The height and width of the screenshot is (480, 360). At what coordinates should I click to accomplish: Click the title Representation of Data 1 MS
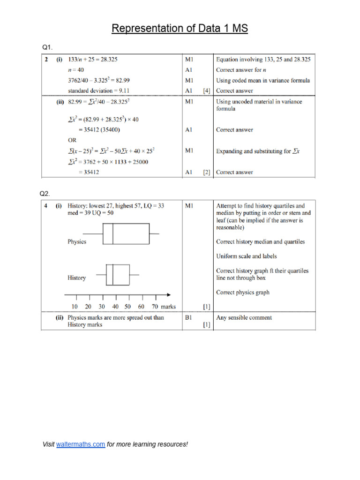coord(180,29)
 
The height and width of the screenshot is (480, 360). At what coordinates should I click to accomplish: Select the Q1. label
coord(48,47)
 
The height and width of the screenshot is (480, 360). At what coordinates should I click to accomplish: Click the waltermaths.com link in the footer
coord(80,444)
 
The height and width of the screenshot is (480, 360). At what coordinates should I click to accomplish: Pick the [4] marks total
coord(206,90)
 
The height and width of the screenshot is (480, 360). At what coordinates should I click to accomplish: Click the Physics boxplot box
coord(126,234)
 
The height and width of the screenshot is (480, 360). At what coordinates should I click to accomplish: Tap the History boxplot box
coord(118,275)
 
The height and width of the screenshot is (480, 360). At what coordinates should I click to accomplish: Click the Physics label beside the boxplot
coord(77,242)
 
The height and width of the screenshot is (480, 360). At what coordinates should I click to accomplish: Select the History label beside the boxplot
coord(77,278)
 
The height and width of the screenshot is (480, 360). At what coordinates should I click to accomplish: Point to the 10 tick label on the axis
coord(75,307)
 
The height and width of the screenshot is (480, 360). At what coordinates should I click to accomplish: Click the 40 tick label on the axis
coord(115,307)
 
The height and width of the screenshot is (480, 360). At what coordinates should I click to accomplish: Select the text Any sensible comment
coord(244,317)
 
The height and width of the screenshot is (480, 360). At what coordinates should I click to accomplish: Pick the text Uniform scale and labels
coord(246,256)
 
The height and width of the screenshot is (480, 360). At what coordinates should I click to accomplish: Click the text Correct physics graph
coord(242,292)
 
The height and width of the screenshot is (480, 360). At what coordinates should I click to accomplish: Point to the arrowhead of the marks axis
coord(167,295)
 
